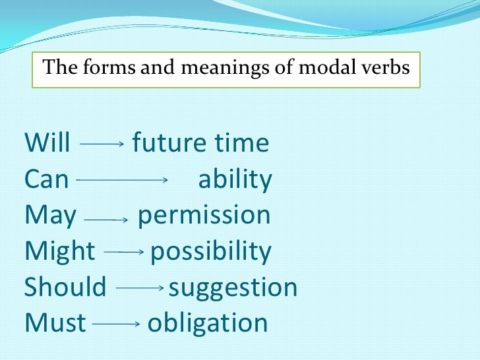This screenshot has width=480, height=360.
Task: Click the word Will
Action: point(47,143)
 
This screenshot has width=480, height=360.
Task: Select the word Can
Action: point(46,179)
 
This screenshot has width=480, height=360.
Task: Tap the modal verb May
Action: point(50,216)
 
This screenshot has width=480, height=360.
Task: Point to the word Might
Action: point(60,252)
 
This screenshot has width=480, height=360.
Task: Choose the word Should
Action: point(65,287)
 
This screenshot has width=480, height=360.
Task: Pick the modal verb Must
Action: point(55,323)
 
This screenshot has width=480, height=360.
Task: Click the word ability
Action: point(235,179)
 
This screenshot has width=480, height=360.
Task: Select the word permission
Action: point(204,216)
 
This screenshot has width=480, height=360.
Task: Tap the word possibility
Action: point(210,252)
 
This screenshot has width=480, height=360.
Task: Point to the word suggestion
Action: point(233,288)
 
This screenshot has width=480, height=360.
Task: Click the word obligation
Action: point(208,324)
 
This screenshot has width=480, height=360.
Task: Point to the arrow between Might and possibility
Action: point(124,252)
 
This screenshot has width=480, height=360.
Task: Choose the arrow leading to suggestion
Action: point(140,288)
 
